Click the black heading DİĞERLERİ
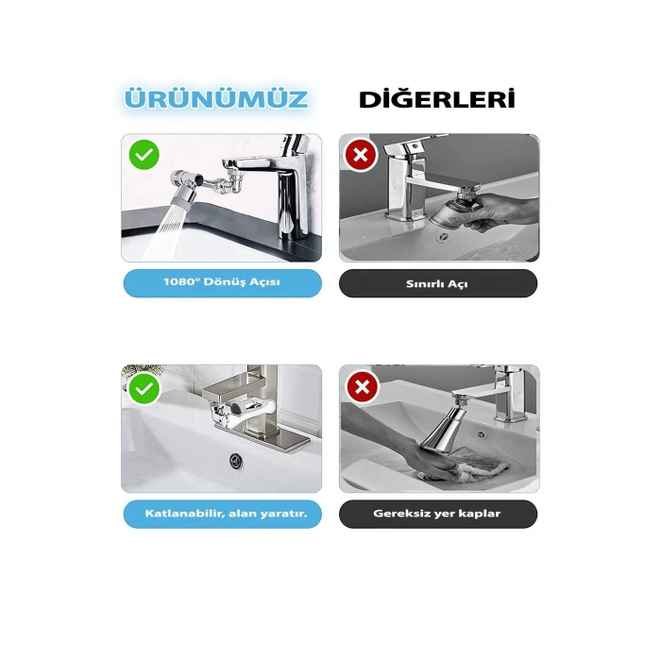(x=437, y=99)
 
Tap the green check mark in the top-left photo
(x=144, y=154)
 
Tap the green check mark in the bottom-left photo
(x=144, y=386)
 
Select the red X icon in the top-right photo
(x=361, y=154)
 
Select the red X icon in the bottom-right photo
(x=361, y=386)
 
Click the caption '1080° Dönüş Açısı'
(x=222, y=283)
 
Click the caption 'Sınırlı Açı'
(x=438, y=283)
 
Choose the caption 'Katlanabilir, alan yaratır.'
(x=222, y=514)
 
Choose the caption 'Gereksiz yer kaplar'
(x=438, y=514)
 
